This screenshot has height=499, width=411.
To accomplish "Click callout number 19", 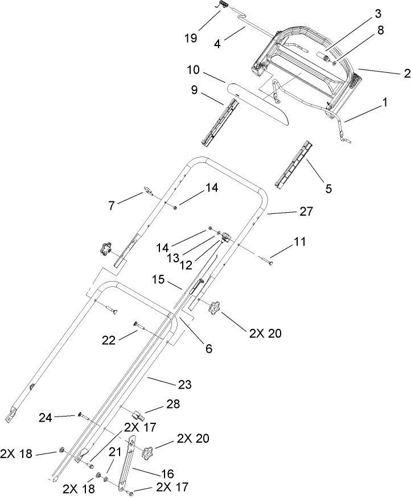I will [x=191, y=38].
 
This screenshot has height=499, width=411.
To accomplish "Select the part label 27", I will [x=306, y=211].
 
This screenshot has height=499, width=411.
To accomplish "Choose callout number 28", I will [x=172, y=404].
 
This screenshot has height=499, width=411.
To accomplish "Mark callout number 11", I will [x=300, y=242].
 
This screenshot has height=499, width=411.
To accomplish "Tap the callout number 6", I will [x=208, y=348].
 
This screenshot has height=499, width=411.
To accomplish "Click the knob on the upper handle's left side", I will [x=105, y=248].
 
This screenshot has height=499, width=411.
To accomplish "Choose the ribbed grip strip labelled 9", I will [x=219, y=121].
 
